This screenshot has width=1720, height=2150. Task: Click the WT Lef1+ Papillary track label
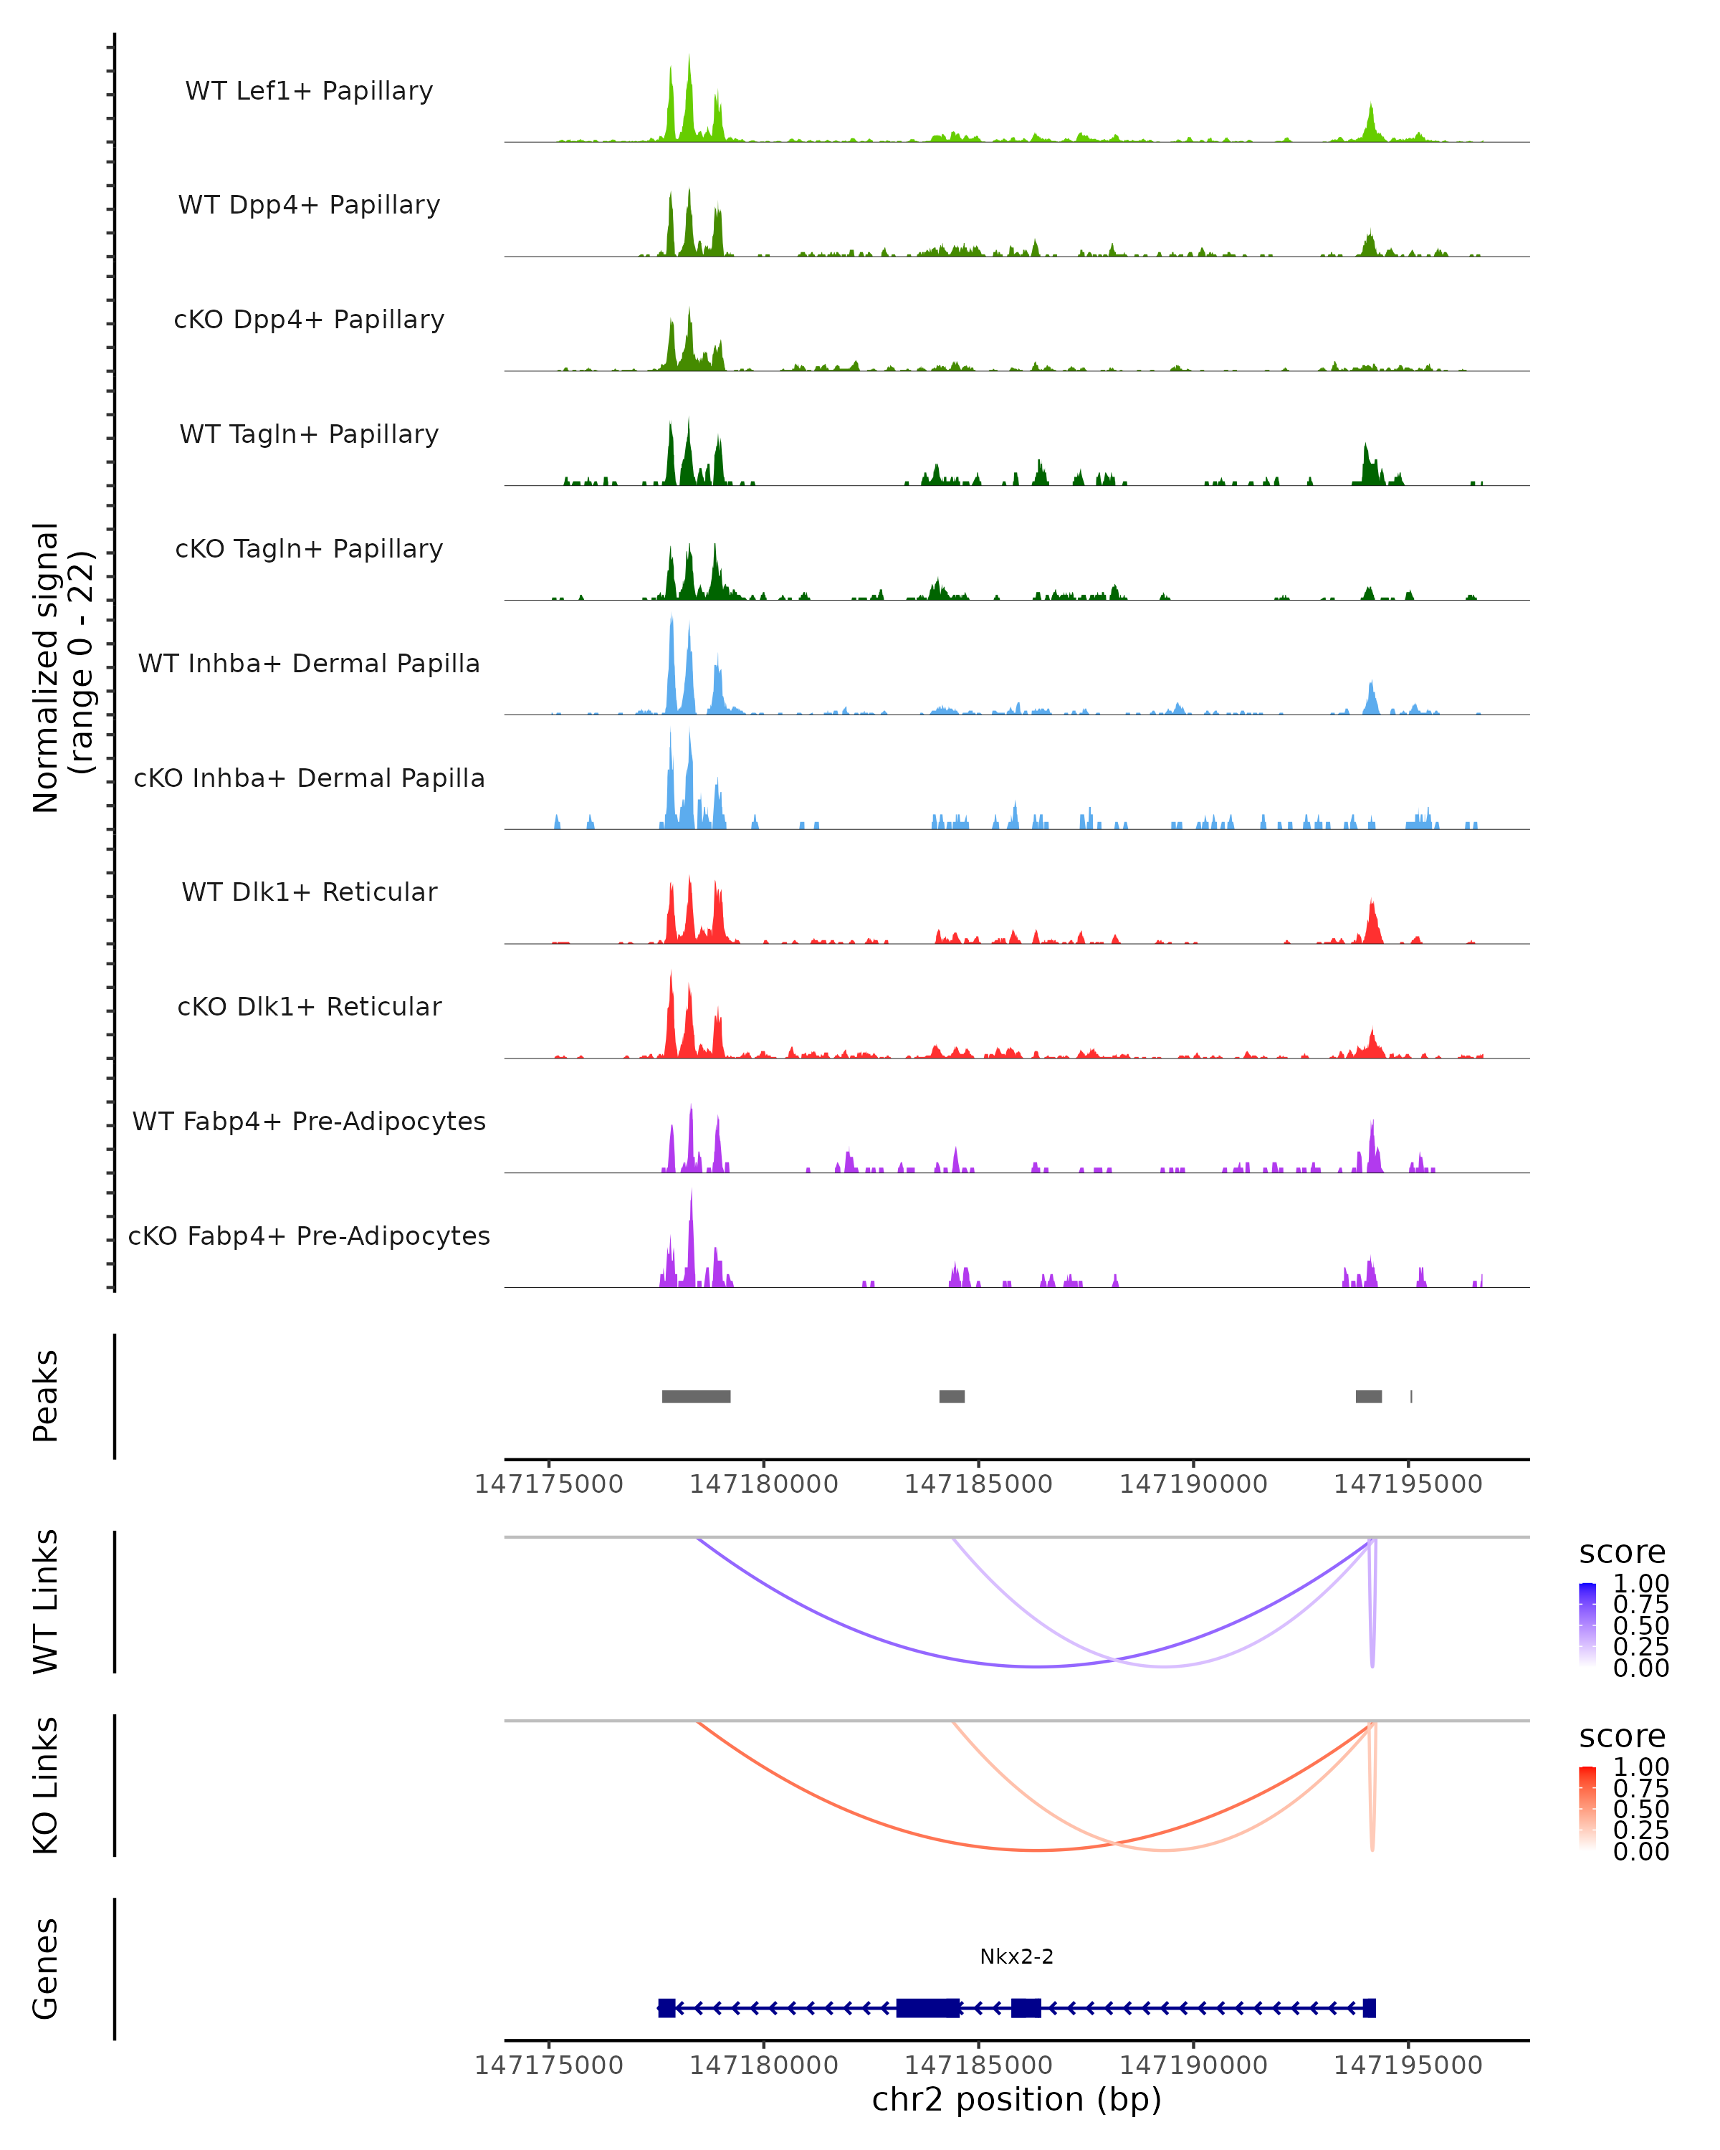309,91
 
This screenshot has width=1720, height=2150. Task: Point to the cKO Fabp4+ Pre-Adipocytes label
309,1236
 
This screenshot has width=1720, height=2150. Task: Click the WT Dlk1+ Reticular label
309,892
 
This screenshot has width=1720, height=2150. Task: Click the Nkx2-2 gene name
1016,1956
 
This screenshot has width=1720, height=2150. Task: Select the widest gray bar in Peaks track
696,1396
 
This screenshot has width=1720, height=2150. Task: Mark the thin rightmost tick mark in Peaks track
1411,1396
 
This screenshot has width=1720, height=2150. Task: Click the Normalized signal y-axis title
62,667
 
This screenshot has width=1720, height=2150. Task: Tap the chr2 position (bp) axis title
1016,2099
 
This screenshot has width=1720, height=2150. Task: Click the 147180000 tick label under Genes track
764,2064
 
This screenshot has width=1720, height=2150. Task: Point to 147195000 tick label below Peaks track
1408,1484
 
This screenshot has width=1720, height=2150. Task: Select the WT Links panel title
46,1602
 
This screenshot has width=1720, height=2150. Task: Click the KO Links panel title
46,1785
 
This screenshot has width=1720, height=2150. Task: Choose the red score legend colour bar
1587,1808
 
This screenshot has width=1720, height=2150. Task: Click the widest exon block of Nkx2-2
928,2008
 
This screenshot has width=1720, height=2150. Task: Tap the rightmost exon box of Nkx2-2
1369,2008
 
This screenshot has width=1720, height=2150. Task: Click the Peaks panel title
46,1396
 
